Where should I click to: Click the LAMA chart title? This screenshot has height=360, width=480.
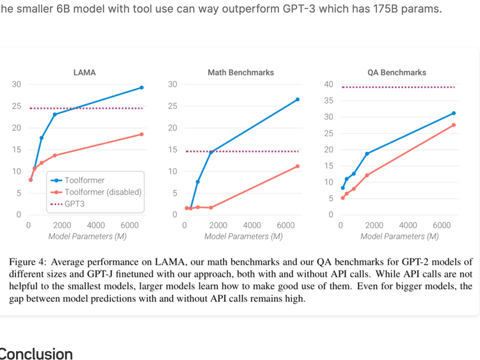[x=84, y=73]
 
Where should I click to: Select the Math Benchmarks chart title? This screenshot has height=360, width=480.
[x=241, y=73]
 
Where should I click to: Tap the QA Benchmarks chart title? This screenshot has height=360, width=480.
[x=397, y=73]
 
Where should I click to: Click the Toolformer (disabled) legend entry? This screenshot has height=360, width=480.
[x=102, y=192]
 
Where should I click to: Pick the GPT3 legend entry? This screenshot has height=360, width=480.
[x=74, y=204]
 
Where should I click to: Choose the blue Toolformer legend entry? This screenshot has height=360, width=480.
[x=84, y=180]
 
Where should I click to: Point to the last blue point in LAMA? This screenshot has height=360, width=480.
[x=141, y=88]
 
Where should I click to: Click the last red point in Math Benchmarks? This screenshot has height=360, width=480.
[x=298, y=166]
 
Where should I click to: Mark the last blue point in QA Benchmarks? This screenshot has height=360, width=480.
[x=454, y=113]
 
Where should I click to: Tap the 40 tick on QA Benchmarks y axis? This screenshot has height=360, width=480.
[x=329, y=84]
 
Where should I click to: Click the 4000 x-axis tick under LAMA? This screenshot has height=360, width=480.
[x=96, y=226]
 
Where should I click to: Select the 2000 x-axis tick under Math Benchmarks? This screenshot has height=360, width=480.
[x=218, y=226]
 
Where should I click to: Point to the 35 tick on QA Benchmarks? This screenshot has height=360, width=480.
[x=329, y=101]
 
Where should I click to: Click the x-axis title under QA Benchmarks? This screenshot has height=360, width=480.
[x=399, y=237]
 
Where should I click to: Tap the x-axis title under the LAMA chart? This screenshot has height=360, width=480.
[x=87, y=237]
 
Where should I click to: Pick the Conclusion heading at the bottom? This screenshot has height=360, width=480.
[x=36, y=354]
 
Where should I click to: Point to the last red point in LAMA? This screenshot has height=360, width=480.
[x=141, y=134]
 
